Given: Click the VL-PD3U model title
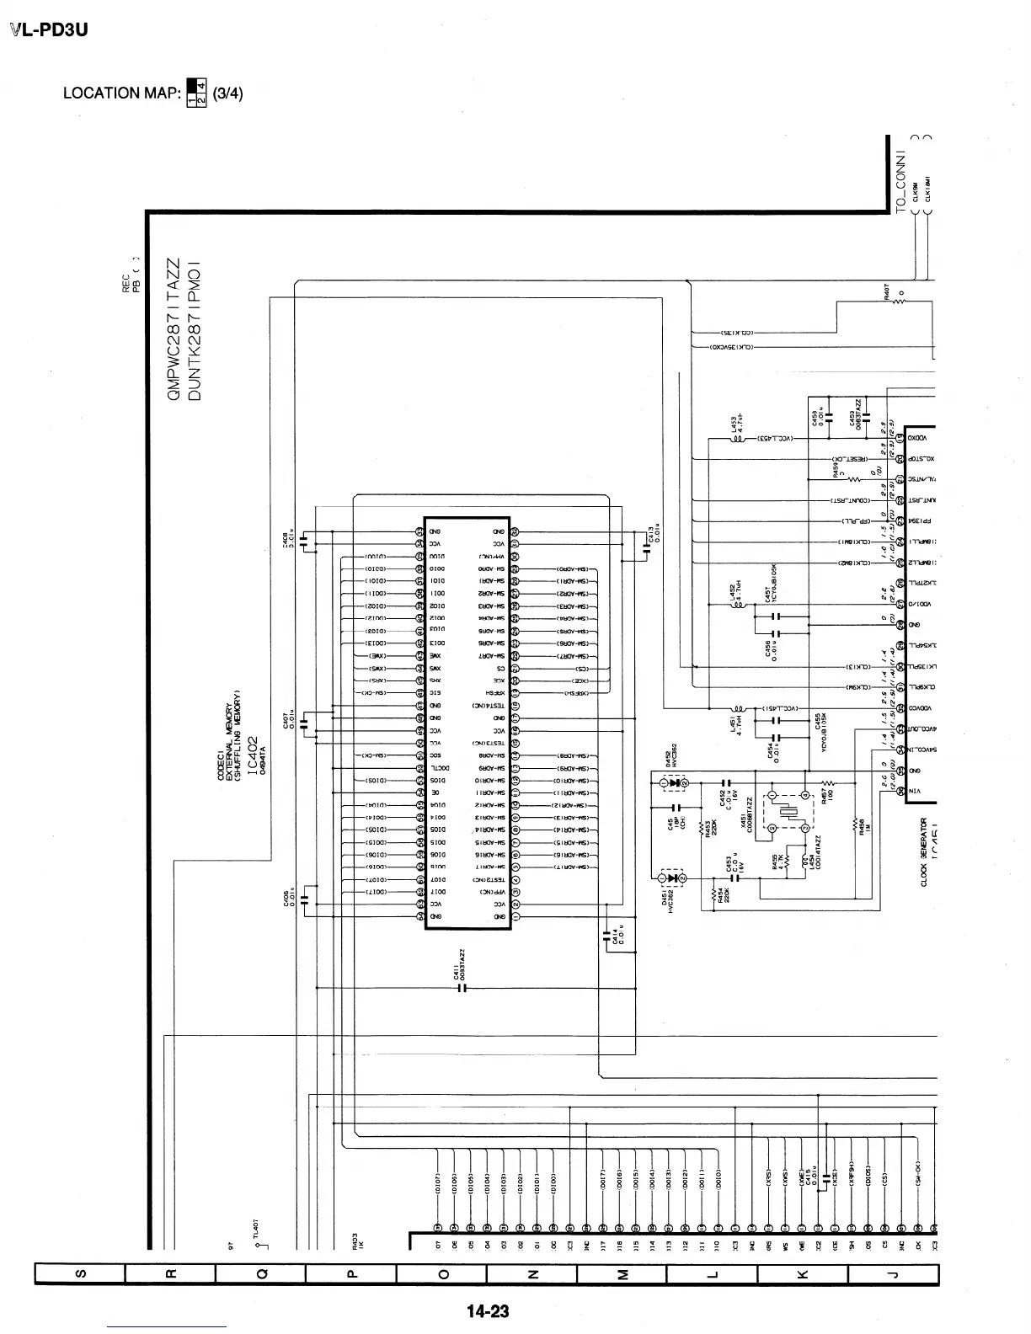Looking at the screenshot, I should click(x=50, y=30).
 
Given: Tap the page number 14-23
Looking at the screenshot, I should click(x=489, y=1310).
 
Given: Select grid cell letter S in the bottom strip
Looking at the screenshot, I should click(x=79, y=1275).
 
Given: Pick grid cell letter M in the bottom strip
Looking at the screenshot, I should click(x=622, y=1275).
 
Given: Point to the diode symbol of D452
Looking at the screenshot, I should click(x=673, y=783).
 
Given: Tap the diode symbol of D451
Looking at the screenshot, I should click(x=673, y=879).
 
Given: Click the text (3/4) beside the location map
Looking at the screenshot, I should click(x=227, y=93).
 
